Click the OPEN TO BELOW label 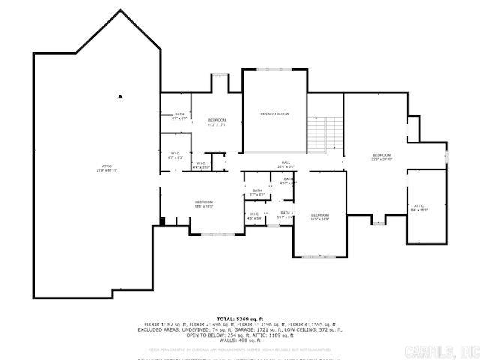tap(274, 113)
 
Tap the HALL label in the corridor tap(286, 163)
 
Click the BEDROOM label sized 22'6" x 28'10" tap(382, 155)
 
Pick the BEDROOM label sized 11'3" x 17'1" tap(217, 121)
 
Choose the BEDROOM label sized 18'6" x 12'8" tap(204, 202)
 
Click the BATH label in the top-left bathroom tap(179, 115)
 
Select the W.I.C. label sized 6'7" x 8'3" tap(175, 154)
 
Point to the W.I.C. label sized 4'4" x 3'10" tap(201, 164)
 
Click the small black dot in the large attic tap(120, 97)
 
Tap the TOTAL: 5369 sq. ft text tap(239, 319)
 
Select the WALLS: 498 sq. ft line tap(239, 340)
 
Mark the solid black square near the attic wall tap(161, 220)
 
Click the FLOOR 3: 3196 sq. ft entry tap(265, 324)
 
